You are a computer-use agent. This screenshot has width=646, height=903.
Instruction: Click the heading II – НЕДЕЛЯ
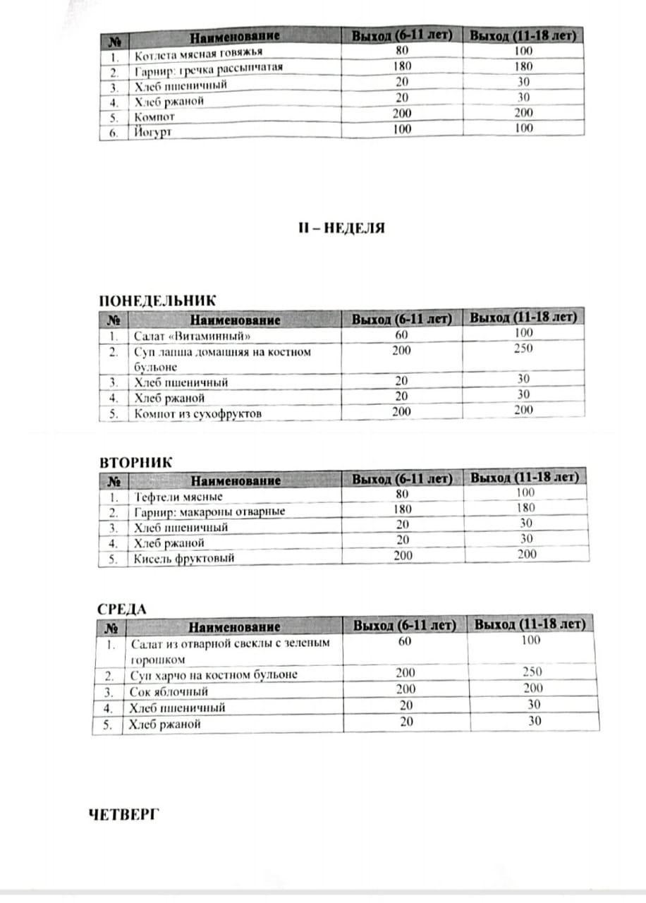click(340, 229)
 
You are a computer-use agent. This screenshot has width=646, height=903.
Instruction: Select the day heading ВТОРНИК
click(136, 462)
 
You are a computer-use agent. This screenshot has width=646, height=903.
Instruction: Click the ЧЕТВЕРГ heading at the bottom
click(125, 814)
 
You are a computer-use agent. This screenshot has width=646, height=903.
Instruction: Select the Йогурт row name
click(152, 132)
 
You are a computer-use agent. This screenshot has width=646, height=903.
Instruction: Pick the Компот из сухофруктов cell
click(197, 413)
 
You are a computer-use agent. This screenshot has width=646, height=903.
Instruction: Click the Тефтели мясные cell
click(178, 497)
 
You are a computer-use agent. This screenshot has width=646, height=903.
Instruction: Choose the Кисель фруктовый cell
click(184, 558)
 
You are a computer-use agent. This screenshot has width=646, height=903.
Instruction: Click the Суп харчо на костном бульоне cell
click(214, 674)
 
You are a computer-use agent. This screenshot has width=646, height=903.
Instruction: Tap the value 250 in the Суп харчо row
click(534, 672)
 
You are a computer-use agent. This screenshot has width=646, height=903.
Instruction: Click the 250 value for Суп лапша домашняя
click(523, 349)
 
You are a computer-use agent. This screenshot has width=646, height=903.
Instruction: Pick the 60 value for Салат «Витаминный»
click(401, 334)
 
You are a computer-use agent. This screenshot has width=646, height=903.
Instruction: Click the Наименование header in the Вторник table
click(236, 480)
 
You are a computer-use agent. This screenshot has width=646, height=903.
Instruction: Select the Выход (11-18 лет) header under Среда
click(530, 624)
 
